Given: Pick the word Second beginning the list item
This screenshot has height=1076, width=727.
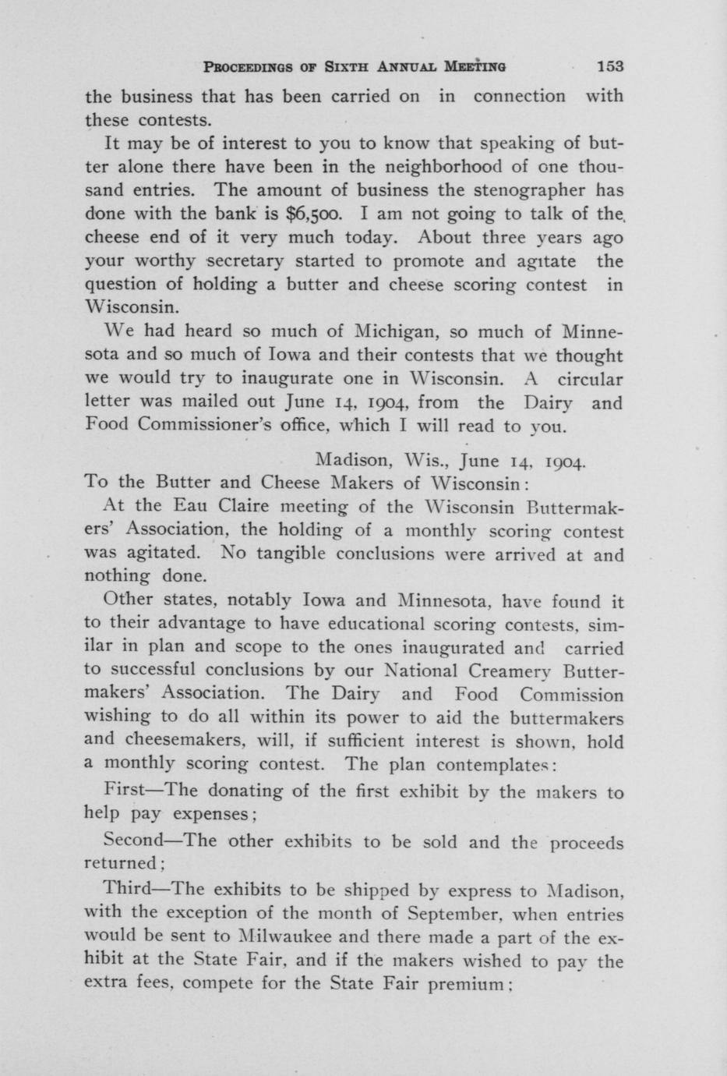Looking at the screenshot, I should [132, 842].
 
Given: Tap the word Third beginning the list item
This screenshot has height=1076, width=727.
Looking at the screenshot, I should [125, 890].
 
